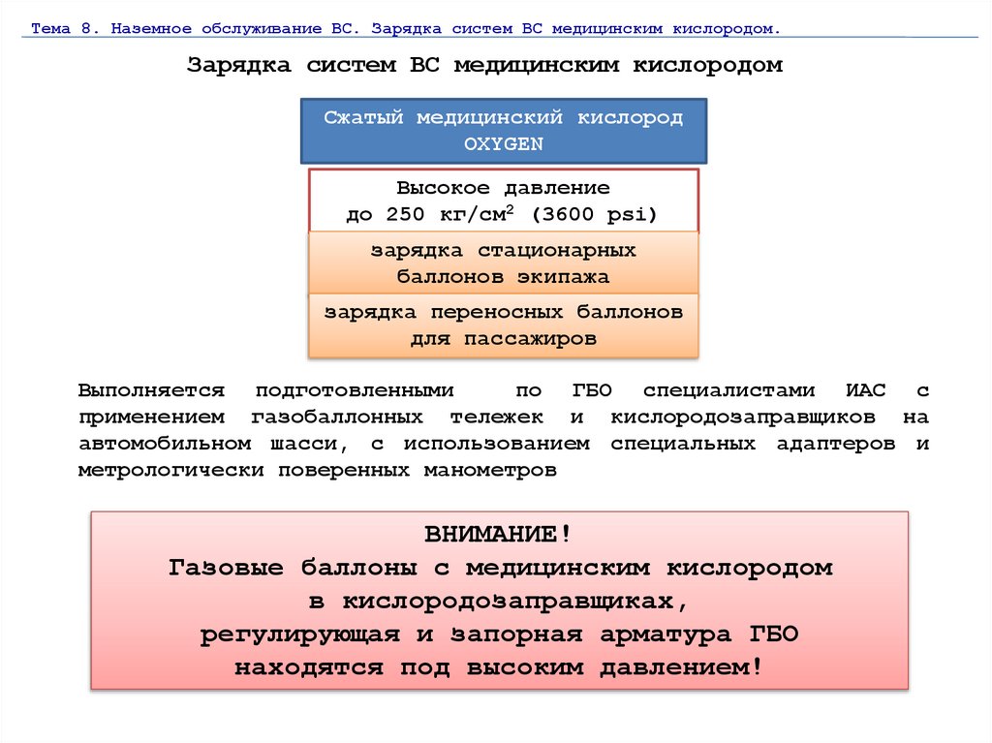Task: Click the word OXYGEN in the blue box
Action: pyautogui.click(x=503, y=143)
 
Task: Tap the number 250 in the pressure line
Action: pyautogui.click(x=405, y=214)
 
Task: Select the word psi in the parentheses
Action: pyautogui.click(x=631, y=214)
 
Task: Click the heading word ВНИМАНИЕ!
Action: pyautogui.click(x=498, y=535)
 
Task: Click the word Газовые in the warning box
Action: pyautogui.click(x=228, y=568)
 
